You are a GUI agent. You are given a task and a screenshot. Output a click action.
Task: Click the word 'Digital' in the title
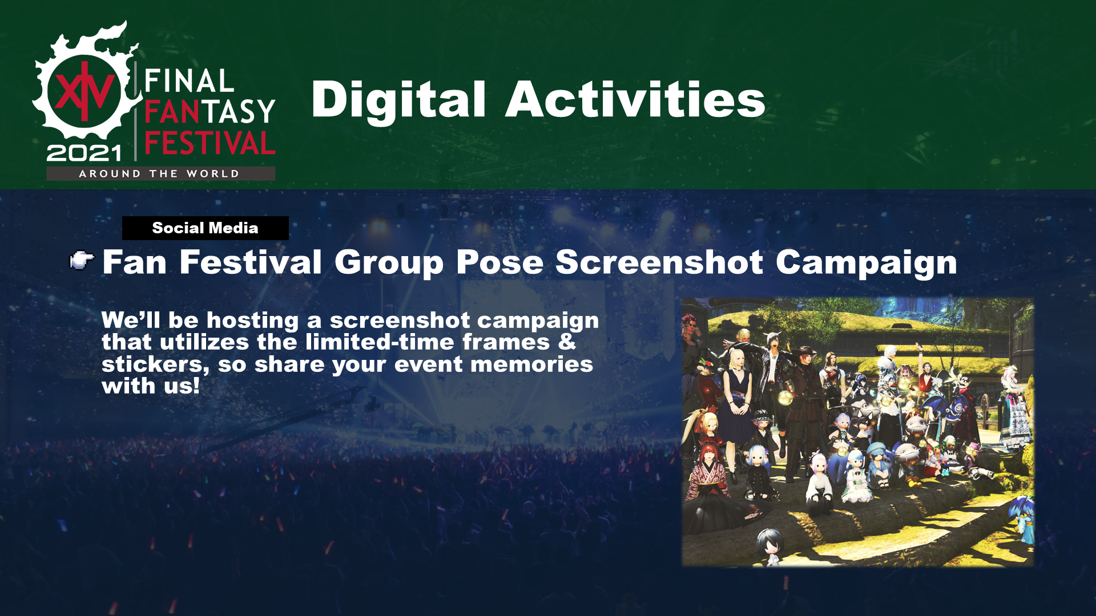398,101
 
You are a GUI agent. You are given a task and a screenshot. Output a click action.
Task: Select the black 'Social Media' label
205,228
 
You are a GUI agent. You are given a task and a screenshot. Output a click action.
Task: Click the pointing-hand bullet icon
82,261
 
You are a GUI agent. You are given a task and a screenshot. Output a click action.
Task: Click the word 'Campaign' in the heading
866,264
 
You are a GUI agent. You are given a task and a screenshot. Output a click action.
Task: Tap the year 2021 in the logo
84,153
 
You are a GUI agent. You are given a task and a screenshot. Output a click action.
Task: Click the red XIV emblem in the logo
84,92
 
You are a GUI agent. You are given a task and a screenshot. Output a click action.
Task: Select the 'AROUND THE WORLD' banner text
159,174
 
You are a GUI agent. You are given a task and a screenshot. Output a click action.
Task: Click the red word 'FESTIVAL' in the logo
210,143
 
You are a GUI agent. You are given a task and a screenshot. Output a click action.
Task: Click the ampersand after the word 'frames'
567,342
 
